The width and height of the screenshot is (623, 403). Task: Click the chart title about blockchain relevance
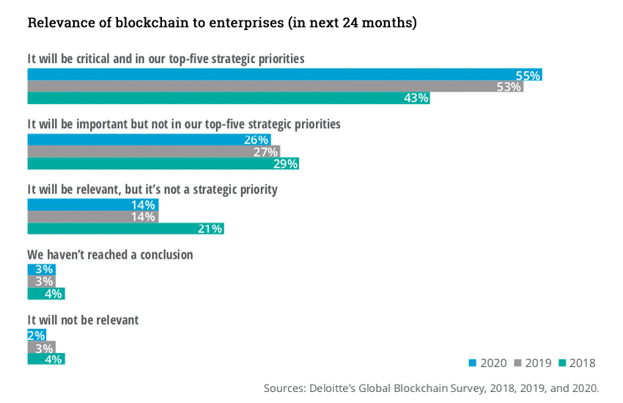222,23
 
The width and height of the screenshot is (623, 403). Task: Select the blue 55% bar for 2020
284,75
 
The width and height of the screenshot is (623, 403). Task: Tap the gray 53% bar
276,86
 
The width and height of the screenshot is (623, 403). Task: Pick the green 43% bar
229,98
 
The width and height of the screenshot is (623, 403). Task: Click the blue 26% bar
149,140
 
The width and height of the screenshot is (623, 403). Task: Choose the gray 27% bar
154,152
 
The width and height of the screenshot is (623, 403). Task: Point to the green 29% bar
163,163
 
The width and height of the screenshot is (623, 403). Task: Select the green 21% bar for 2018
125,229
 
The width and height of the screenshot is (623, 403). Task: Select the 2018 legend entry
578,363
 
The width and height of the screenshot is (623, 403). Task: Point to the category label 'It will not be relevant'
83,320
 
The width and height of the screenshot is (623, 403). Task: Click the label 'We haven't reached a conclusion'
110,255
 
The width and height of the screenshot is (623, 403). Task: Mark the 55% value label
528,75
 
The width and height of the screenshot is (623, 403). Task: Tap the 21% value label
210,229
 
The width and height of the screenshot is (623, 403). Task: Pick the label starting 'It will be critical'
166,59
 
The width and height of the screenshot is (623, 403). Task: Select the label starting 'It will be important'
184,124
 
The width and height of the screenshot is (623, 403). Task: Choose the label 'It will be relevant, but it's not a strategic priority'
152,189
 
